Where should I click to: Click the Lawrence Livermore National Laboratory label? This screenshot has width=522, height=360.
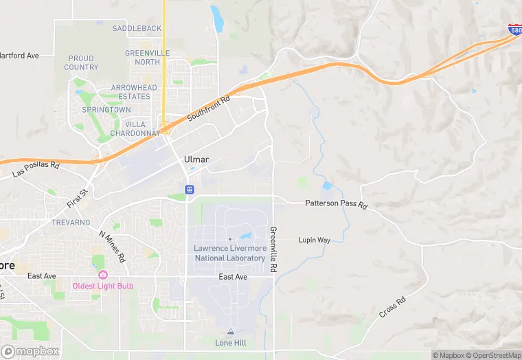[x=229, y=253]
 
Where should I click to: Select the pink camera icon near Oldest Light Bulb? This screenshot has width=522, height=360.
[x=103, y=275]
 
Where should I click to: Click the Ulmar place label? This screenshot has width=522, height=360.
[x=196, y=159]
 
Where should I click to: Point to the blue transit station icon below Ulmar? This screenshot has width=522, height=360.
[x=190, y=189]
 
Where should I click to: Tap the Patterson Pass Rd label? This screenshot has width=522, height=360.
[x=337, y=205]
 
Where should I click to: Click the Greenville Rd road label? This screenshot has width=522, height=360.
[x=273, y=248]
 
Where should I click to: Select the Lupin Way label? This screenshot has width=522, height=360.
[x=314, y=240]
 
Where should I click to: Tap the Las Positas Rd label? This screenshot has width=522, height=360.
[x=36, y=170]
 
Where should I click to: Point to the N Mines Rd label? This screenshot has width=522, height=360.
[x=112, y=247]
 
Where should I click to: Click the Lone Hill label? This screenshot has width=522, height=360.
[x=231, y=343]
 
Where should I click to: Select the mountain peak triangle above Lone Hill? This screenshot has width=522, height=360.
[x=231, y=333]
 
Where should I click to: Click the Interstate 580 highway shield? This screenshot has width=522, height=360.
[x=514, y=29]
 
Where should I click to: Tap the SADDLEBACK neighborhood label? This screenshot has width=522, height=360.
[x=137, y=28]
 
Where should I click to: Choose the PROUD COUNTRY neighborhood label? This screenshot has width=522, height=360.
[x=81, y=63]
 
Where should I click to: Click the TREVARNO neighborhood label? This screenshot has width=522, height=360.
[x=71, y=223]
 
